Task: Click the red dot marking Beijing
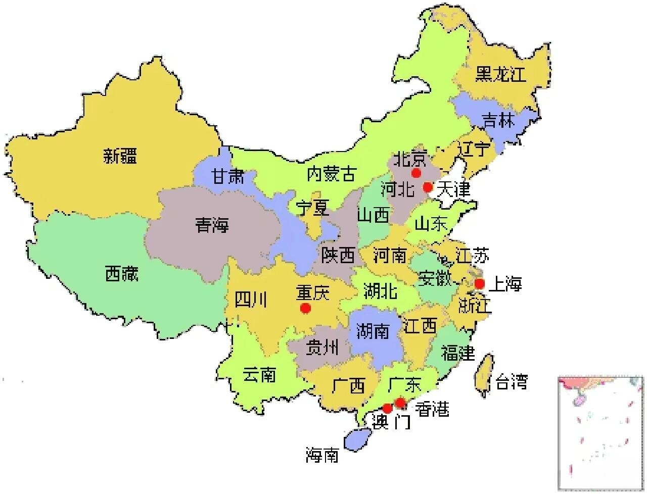pyautogui.click(x=416, y=173)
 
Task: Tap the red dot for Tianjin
pyautogui.click(x=428, y=187)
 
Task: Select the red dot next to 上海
pyautogui.click(x=479, y=283)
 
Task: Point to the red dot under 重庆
pyautogui.click(x=305, y=308)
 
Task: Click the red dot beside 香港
pyautogui.click(x=400, y=403)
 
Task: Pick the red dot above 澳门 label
pyautogui.click(x=387, y=408)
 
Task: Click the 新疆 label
pyautogui.click(x=120, y=156)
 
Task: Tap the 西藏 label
pyautogui.click(x=121, y=274)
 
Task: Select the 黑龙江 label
pyautogui.click(x=500, y=74)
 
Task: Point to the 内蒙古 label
pyautogui.click(x=331, y=175)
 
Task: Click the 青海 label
pyautogui.click(x=212, y=225)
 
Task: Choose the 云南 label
pyautogui.click(x=259, y=375)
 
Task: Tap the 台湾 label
pyautogui.click(x=512, y=381)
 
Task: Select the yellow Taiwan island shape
pyautogui.click(x=484, y=375)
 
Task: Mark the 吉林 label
pyautogui.click(x=498, y=121)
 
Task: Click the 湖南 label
pyautogui.click(x=373, y=331)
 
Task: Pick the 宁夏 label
pyautogui.click(x=312, y=208)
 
